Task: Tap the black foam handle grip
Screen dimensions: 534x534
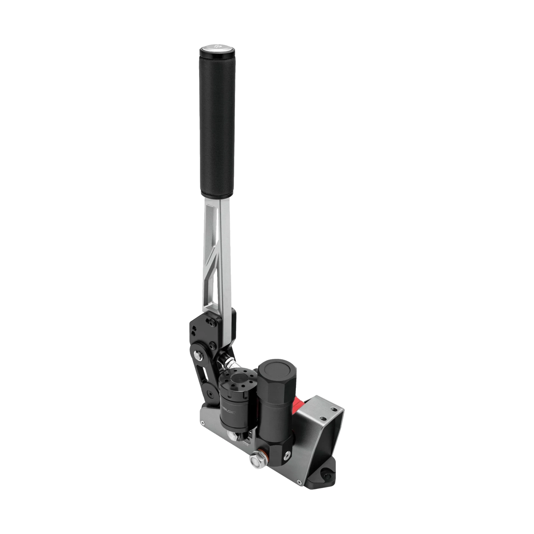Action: (x=217, y=122)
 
